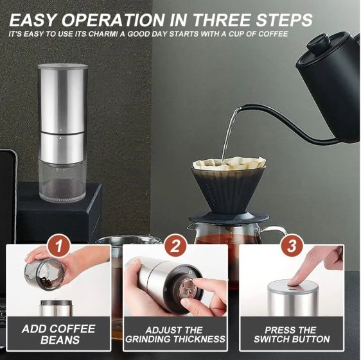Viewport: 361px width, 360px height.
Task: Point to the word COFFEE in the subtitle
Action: coord(273,34)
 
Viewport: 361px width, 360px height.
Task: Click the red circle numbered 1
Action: coord(58,246)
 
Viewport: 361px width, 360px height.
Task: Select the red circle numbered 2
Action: coord(175,246)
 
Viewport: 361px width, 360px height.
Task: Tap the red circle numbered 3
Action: coord(292,246)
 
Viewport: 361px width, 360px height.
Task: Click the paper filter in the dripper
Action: coord(229,162)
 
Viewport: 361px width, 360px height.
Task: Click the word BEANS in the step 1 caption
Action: coord(60,339)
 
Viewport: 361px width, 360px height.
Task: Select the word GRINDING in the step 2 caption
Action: coord(148,339)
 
